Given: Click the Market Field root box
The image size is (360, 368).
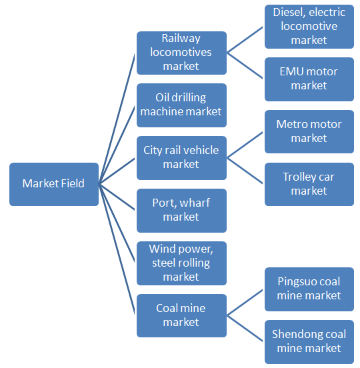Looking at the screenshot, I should click(53, 184).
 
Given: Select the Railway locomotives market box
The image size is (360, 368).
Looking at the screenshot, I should click(181, 53).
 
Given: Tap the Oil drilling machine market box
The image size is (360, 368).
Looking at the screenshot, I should click(181, 105).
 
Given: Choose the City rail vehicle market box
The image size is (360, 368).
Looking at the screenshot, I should click(181, 158).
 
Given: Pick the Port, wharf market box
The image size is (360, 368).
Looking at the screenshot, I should click(181, 211).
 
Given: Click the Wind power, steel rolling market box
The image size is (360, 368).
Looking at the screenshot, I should click(181, 263).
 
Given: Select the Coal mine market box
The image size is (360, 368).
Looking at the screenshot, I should click(181, 315).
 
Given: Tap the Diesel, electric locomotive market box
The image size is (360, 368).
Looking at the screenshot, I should click(309, 27).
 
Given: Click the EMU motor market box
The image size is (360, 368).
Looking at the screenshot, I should click(309, 79).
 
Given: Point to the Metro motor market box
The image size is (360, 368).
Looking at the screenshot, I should click(309, 131).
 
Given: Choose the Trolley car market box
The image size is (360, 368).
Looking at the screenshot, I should click(309, 184).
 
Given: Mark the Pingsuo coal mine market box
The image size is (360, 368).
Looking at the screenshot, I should click(309, 289).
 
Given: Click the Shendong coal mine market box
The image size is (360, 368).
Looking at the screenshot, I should click(309, 342).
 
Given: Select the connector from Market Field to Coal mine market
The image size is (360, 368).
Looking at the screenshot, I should click(118, 250).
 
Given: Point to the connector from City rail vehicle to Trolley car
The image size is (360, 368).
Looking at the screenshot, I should click(246, 171).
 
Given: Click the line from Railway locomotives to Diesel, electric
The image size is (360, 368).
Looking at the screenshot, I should click(246, 39).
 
